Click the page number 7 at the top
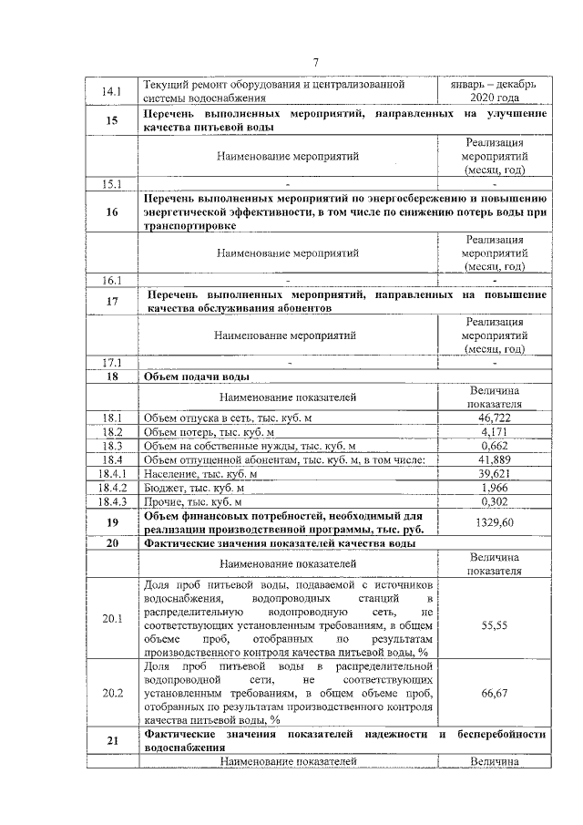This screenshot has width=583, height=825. (x=316, y=62)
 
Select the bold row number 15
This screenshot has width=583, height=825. (x=112, y=120)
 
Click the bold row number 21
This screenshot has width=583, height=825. (x=112, y=740)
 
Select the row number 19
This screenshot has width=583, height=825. (x=112, y=522)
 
